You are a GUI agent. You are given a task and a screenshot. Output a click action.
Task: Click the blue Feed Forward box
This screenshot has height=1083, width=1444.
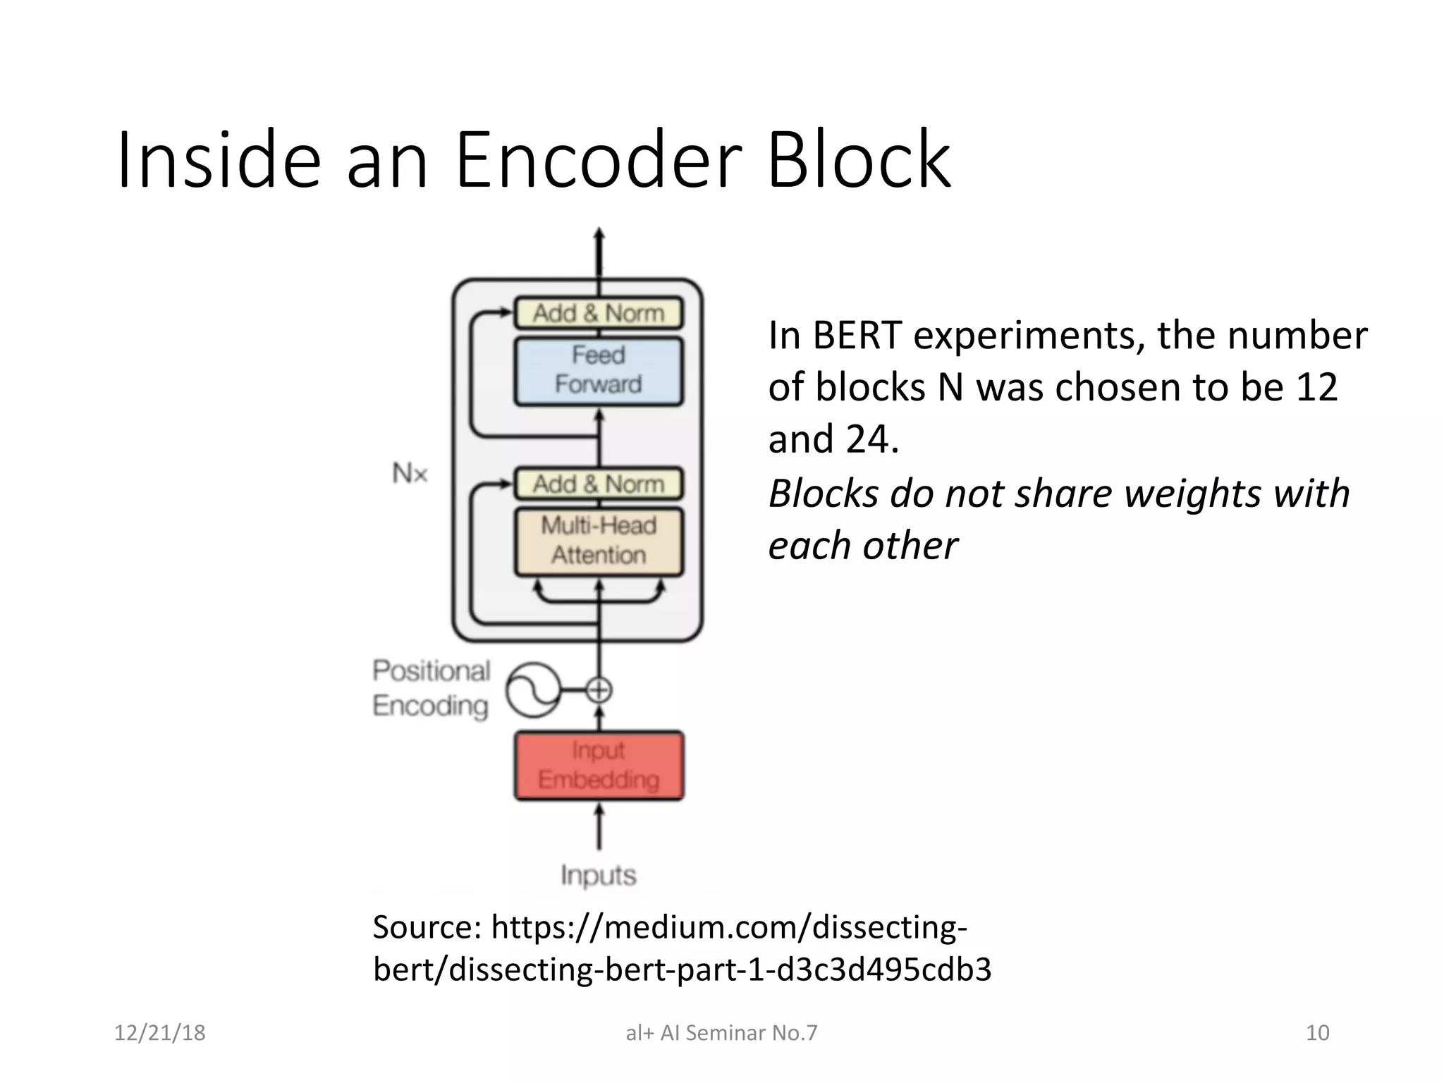pos(599,371)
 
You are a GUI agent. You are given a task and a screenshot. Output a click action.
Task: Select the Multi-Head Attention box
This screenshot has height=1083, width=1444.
pos(599,541)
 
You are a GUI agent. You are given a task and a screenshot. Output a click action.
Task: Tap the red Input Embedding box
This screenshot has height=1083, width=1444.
pos(599,766)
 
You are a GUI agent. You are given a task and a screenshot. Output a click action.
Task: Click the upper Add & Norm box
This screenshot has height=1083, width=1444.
pos(599,313)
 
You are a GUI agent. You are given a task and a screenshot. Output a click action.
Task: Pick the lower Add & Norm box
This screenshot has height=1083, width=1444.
pos(599,484)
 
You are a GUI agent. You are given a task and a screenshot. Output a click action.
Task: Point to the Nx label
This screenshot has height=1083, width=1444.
pos(410,472)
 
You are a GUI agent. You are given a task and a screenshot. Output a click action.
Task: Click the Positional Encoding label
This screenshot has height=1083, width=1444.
pos(431,688)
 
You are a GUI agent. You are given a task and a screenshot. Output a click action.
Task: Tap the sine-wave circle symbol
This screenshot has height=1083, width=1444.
pos(534,690)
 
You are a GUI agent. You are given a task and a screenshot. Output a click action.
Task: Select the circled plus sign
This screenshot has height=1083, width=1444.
pos(599,690)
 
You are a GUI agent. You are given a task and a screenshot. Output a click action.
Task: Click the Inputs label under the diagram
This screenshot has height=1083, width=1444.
pos(599,876)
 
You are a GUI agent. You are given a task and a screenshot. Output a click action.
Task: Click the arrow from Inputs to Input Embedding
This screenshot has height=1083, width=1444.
pos(599,828)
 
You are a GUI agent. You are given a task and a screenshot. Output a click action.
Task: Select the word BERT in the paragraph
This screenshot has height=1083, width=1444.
pos(857,335)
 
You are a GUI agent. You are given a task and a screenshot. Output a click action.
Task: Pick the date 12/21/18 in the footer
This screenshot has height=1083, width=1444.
pos(160,1033)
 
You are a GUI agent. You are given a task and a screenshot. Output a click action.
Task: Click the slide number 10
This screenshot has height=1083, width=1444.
pos(1317,1033)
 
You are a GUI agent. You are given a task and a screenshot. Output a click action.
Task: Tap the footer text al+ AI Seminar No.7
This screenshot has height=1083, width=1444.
pos(721,1033)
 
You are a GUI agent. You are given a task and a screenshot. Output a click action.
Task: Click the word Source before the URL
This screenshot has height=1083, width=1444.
pos(424,927)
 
